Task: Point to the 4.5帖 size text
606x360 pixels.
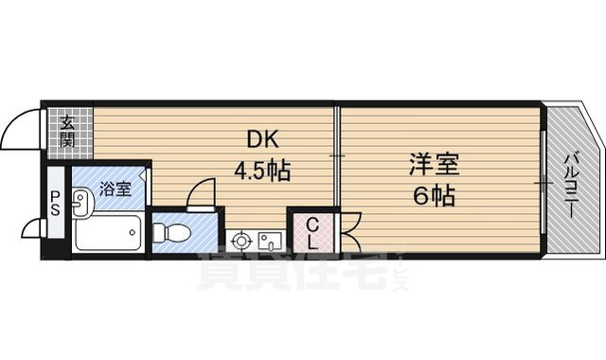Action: pyautogui.click(x=262, y=172)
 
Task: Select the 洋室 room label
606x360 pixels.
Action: pyautogui.click(x=434, y=166)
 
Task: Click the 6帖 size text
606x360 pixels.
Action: pyautogui.click(x=434, y=197)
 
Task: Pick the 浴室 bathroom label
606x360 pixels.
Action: pyautogui.click(x=117, y=188)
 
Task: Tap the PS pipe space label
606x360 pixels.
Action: pyautogui.click(x=55, y=203)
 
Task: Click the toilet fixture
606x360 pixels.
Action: pyautogui.click(x=173, y=231)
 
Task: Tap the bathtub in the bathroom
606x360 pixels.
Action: pyautogui.click(x=107, y=232)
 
